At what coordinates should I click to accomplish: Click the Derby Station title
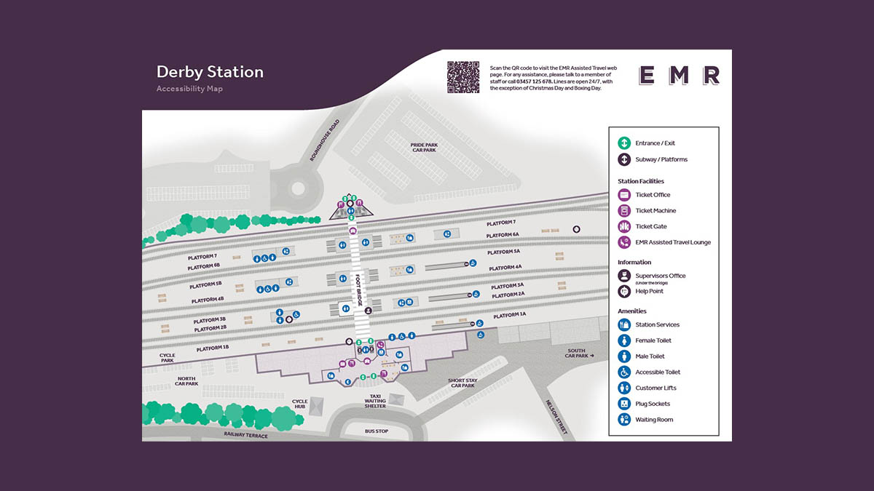tap(210, 72)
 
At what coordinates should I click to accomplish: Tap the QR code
tap(462, 77)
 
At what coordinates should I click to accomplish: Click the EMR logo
tap(679, 75)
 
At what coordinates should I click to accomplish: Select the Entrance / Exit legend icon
tap(624, 143)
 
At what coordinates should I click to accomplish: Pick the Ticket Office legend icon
tap(624, 195)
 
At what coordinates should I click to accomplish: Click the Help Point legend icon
tap(624, 291)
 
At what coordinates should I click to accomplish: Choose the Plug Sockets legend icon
tap(624, 404)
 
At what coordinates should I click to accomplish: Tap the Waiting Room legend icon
tap(624, 420)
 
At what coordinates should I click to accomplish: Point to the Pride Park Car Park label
tap(424, 147)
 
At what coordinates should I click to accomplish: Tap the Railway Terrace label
tap(246, 435)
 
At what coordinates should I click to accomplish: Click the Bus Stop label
tap(377, 431)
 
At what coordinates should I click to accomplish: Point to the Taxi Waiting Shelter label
tap(374, 401)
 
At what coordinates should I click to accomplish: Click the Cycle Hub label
tap(300, 404)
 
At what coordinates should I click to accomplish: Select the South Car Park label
tap(578, 353)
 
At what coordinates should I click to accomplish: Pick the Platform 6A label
tap(503, 235)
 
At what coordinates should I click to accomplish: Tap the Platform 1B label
tap(213, 348)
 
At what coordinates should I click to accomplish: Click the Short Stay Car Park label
tap(462, 383)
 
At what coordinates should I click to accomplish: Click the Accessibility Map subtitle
tap(189, 89)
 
